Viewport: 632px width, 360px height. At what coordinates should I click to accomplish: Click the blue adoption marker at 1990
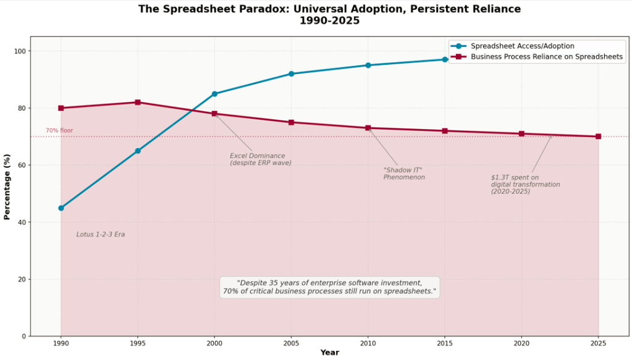pos(61,208)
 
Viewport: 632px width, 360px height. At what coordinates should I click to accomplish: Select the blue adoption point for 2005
pos(291,74)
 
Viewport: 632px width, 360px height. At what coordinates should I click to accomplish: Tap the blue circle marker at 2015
pos(445,59)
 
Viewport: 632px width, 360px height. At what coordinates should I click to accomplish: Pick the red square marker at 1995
pos(138,103)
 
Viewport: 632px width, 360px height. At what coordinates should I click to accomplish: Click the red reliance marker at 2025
pos(598,136)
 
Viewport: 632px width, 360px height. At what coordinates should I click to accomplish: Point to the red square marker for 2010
pos(368,128)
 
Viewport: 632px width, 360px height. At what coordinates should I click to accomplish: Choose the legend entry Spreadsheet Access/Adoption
pos(522,46)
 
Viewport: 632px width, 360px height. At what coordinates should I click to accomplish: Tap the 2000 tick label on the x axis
pos(214,342)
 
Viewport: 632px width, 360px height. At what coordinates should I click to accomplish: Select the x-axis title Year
pos(329,353)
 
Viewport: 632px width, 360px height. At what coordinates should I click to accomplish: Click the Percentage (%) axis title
pos(7,187)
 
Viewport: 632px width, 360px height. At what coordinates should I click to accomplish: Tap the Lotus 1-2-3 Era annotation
pos(101,235)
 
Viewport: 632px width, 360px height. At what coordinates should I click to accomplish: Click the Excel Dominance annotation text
pos(260,159)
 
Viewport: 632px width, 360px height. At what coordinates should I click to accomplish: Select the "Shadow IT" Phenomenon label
pos(404,174)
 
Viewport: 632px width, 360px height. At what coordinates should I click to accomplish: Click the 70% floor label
pos(59,131)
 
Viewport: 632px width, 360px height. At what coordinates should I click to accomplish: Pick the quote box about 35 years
pos(329,287)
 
